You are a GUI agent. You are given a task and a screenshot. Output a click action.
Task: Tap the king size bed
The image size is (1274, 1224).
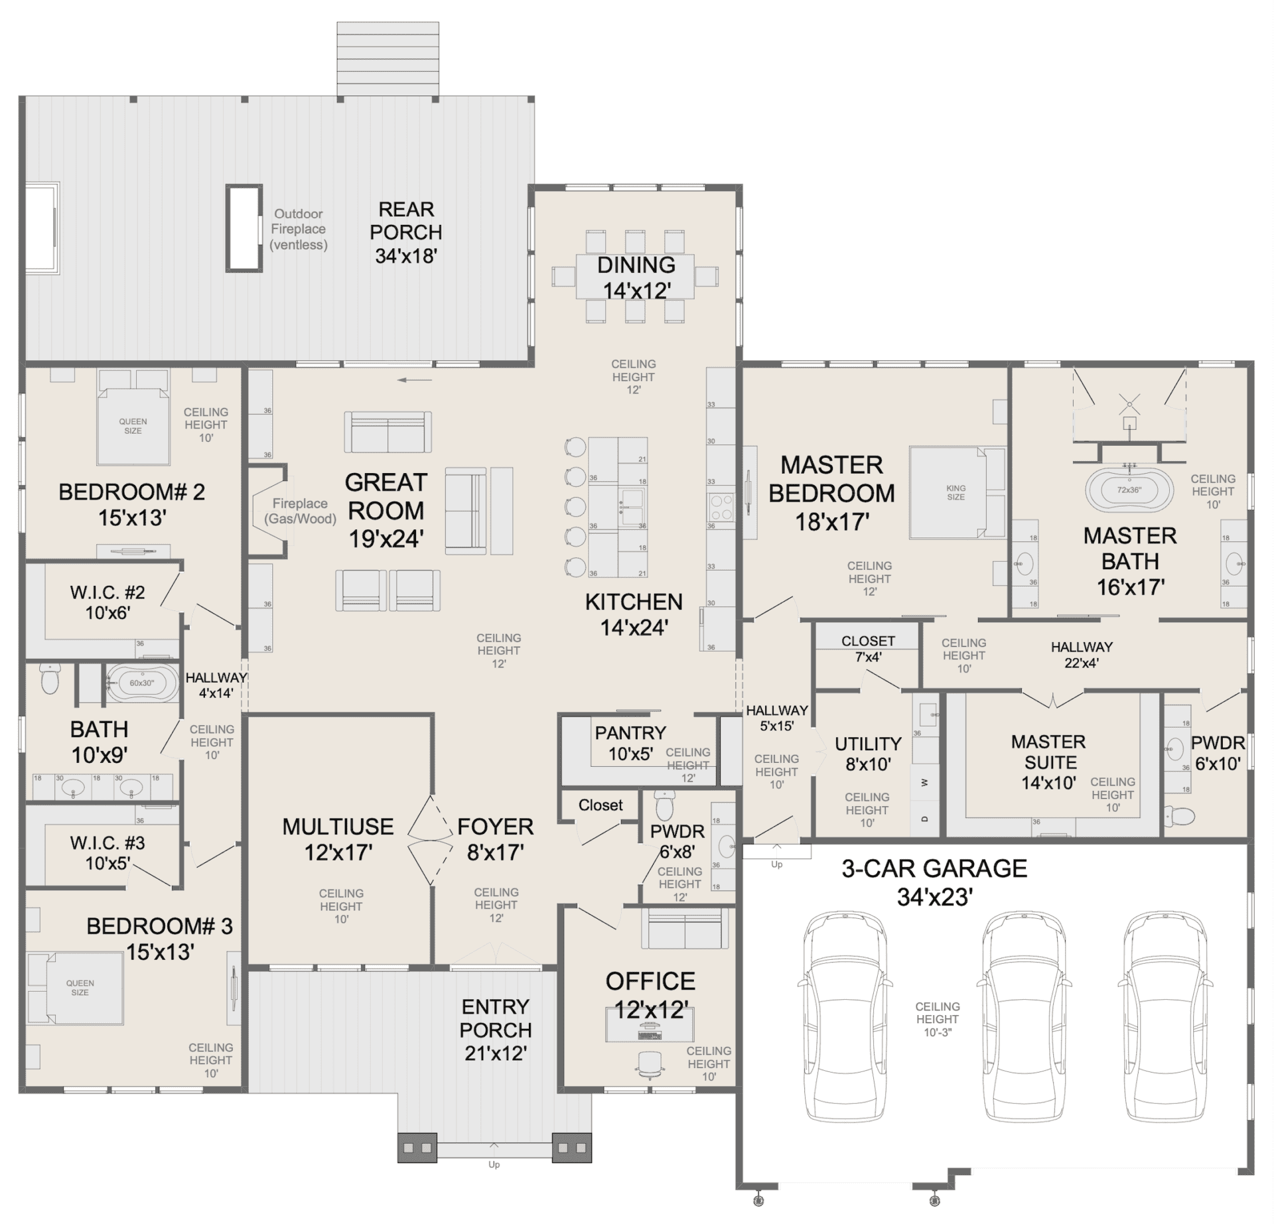(x=956, y=492)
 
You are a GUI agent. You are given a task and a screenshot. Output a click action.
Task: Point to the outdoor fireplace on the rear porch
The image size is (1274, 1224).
(x=244, y=228)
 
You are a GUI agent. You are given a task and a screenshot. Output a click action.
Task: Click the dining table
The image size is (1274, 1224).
(x=635, y=277)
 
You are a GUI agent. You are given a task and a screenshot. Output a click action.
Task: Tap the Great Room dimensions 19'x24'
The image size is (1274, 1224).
(x=386, y=539)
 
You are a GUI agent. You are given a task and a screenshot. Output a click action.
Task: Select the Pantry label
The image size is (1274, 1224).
(x=630, y=733)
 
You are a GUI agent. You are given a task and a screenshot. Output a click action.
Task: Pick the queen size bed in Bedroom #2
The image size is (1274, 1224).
(x=133, y=417)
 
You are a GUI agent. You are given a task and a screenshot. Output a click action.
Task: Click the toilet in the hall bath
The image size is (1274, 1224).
(x=50, y=678)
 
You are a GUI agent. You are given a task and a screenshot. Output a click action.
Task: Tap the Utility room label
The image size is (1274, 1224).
(x=868, y=744)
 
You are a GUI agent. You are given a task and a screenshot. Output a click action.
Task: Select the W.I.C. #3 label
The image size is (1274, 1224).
(x=107, y=843)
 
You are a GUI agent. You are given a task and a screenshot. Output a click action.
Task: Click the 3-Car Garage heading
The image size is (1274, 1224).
(x=934, y=868)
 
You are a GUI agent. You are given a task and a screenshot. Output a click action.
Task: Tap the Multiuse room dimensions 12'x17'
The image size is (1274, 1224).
(x=338, y=852)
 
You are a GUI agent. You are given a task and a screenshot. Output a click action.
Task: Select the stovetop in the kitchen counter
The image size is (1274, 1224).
(x=721, y=507)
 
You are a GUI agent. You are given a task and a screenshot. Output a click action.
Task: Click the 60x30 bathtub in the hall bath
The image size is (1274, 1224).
(x=142, y=683)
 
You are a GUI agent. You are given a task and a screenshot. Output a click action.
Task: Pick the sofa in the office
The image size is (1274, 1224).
(x=681, y=927)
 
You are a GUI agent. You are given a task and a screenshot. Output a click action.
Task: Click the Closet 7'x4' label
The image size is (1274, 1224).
(x=868, y=649)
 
